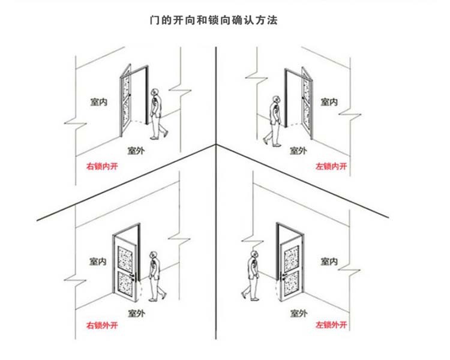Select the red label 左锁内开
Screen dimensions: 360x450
tap(331, 166)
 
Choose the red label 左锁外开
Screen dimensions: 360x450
tap(331, 326)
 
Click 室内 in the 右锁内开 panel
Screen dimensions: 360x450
tap(99, 103)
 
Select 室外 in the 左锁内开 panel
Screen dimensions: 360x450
tap(298, 150)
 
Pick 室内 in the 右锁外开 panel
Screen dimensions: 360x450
tap(99, 262)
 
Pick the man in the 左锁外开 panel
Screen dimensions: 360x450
tap(251, 276)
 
